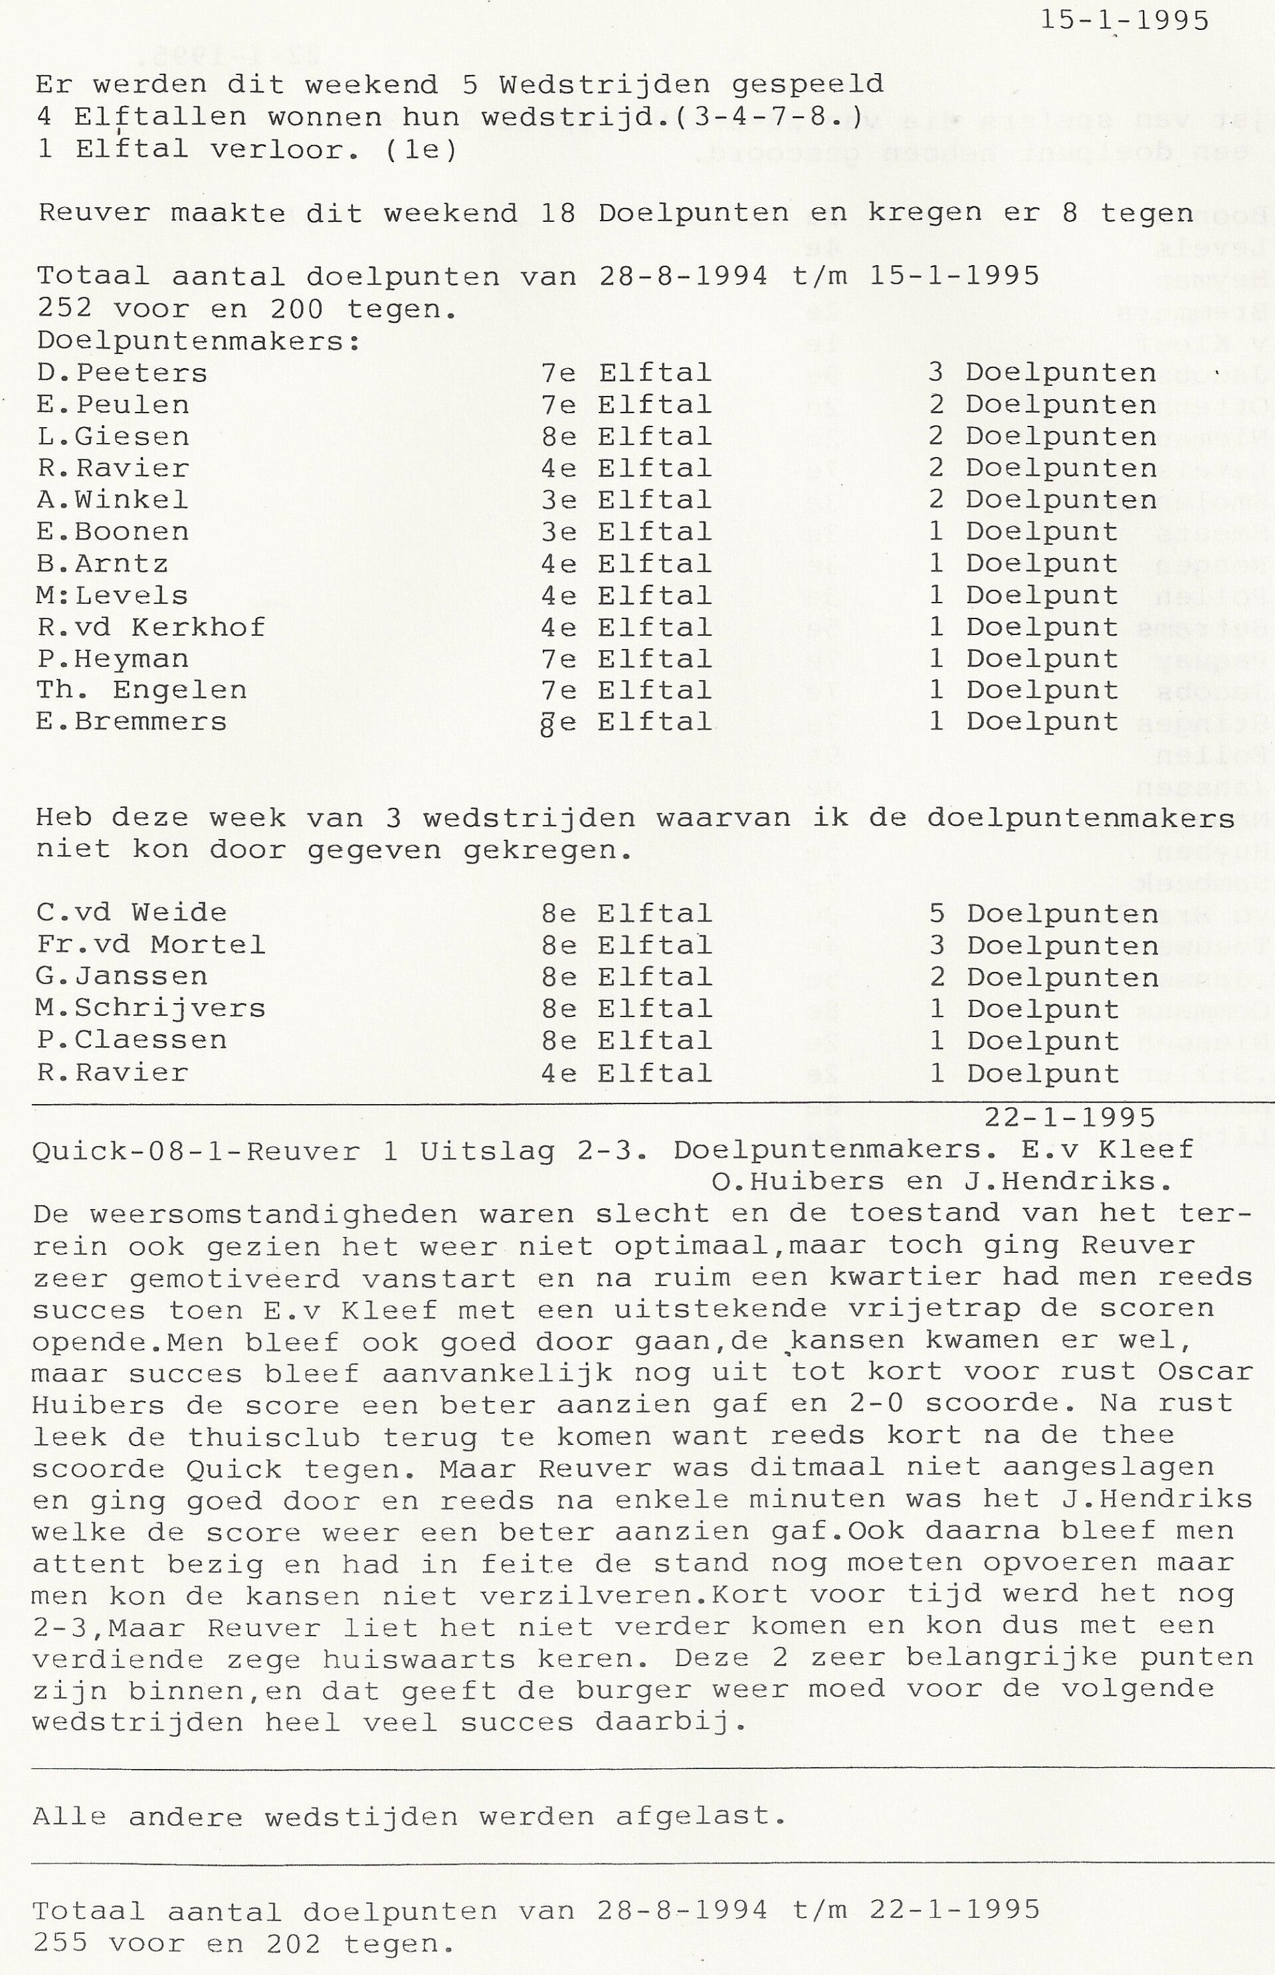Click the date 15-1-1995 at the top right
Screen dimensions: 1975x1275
pos(1124,21)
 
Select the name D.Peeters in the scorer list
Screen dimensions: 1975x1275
pos(122,373)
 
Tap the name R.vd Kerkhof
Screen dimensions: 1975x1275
pos(151,626)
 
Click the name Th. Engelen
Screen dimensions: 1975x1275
pos(142,690)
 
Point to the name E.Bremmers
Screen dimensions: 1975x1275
pos(131,722)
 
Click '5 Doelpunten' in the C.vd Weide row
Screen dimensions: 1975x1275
pos(1043,914)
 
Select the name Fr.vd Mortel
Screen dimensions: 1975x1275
pos(151,945)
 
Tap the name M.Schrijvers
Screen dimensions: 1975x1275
pos(151,1008)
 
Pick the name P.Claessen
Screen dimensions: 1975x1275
pos(131,1040)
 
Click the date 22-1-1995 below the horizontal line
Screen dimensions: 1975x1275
pos(1070,1118)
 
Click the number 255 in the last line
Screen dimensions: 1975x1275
pos(60,1942)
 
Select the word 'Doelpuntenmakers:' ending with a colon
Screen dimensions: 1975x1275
pos(199,341)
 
